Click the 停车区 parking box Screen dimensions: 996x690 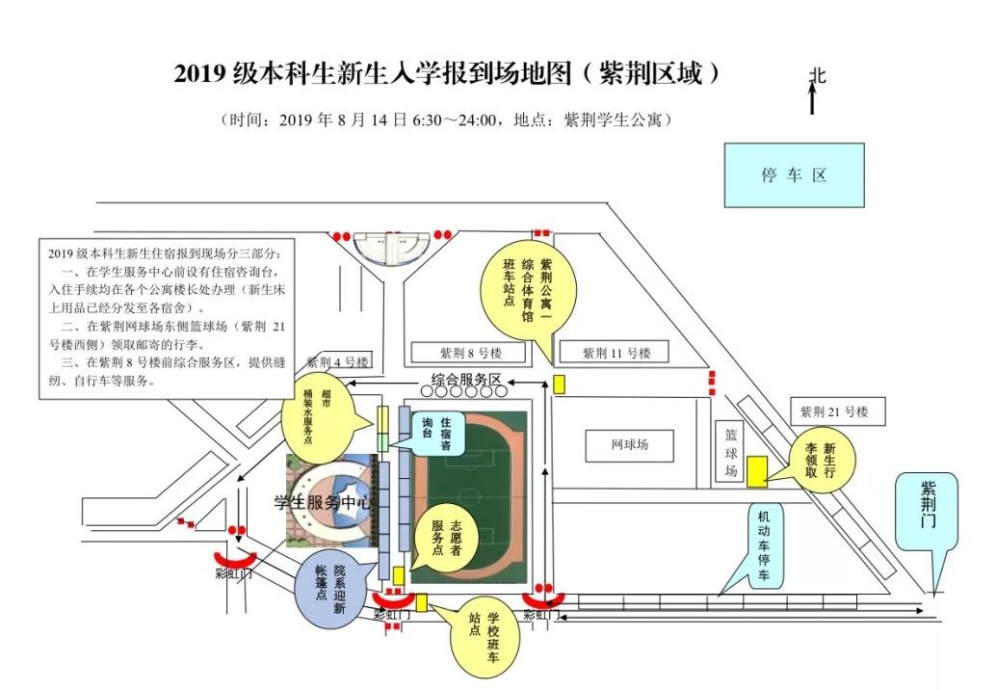(794, 175)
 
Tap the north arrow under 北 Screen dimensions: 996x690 (813, 99)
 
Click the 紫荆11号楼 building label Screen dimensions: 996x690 (617, 353)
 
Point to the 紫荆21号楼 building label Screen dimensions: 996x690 (834, 411)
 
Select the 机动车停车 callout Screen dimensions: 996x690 (765, 547)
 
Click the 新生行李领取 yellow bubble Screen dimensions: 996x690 (822, 460)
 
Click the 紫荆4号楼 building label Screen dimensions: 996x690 (338, 363)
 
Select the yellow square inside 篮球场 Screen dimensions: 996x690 (758, 469)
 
